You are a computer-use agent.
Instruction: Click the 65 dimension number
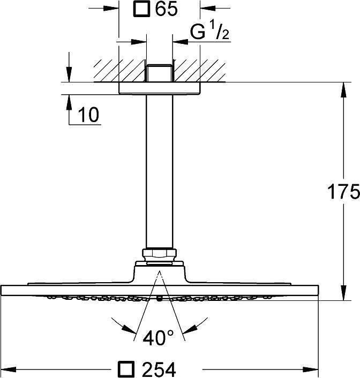(x=166, y=9)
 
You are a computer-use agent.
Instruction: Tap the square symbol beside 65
(x=142, y=10)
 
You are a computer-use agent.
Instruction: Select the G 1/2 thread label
(x=209, y=32)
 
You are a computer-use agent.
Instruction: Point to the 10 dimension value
(x=88, y=114)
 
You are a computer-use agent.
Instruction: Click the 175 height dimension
(x=343, y=192)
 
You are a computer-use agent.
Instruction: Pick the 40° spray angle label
(x=158, y=338)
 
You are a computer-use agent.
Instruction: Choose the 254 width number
(x=159, y=369)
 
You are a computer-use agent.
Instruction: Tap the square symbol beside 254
(x=126, y=369)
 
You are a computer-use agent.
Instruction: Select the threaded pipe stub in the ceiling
(x=160, y=73)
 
